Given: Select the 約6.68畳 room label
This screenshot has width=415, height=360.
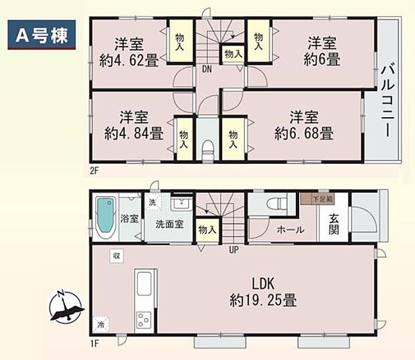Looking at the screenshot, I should coord(303,126).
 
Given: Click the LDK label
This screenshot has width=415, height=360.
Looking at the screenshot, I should coord(260,282).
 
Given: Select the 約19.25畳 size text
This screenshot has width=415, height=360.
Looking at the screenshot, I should coord(260,299).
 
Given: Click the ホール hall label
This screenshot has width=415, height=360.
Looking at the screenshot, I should coord(290,230).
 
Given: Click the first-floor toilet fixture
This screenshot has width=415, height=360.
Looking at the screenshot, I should coord(274,203).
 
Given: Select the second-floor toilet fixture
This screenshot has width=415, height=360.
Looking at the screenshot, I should coord(207,147).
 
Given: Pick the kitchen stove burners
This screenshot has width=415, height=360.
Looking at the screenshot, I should coord(145,320).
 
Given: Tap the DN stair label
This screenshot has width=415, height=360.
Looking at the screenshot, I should coord(207,68).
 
